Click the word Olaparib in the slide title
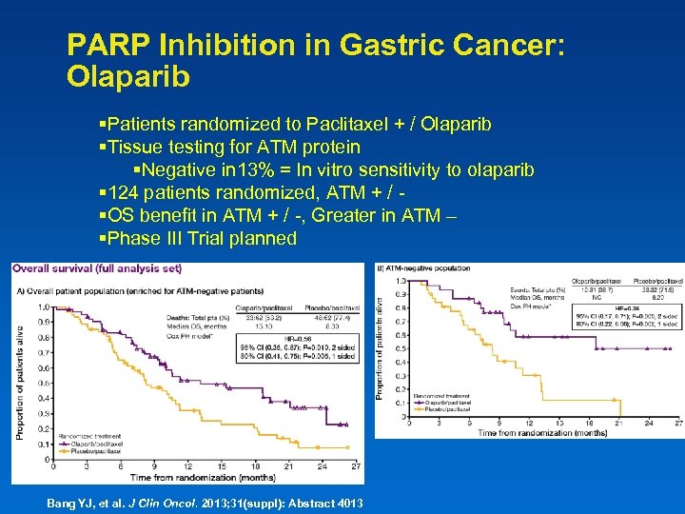(x=129, y=76)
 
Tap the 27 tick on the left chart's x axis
(x=355, y=466)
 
